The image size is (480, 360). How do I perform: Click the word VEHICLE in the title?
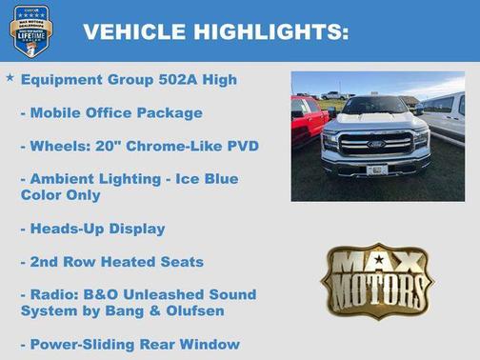pos(133,32)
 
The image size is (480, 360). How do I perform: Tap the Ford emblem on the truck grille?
pos(376,145)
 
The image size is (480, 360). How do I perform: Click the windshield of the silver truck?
pos(374,106)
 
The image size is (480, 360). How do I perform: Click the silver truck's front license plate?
pos(377,170)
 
